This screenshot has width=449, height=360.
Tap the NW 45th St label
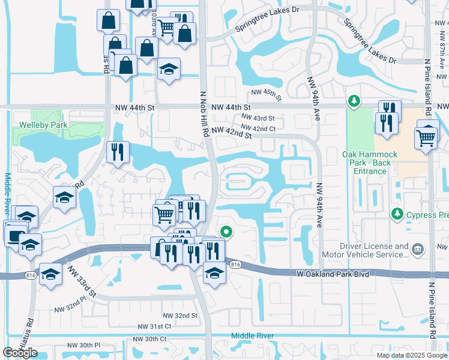[x=266, y=92]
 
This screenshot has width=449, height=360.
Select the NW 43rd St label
[x=258, y=118]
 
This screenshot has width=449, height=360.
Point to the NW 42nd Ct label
[x=258, y=128]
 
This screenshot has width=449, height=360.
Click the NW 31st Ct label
[x=154, y=326]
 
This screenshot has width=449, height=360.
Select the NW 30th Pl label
[x=83, y=345]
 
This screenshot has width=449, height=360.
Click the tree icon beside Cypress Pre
[x=396, y=214]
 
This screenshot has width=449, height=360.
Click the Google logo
[x=20, y=353]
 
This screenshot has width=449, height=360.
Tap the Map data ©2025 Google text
[x=412, y=355]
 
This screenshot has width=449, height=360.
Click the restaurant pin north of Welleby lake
[x=118, y=152]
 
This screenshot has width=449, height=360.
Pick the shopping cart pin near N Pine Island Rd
[x=426, y=137]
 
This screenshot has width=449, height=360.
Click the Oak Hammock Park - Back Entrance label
[x=367, y=163]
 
